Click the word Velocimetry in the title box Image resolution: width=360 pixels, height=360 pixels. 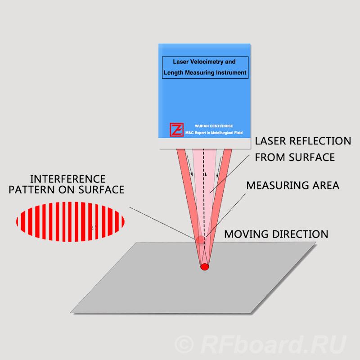tap(204, 61)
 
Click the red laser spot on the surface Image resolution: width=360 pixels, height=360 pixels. tap(205, 266)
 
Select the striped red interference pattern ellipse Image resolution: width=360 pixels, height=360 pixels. tap(70, 221)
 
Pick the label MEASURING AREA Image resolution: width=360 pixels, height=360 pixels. tap(292, 185)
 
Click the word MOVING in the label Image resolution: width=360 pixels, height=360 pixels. tap(245, 234)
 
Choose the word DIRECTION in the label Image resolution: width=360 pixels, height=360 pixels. tap(299, 234)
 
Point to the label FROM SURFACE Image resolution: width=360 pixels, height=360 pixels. tap(295, 157)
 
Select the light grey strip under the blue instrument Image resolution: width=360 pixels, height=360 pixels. tap(204, 144)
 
